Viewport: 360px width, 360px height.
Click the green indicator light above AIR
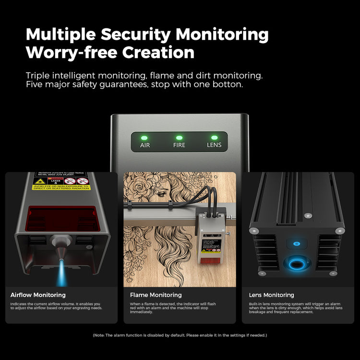145,137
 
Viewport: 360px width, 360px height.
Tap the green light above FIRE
180,137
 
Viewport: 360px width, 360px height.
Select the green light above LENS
214,137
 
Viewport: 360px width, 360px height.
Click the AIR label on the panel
145,144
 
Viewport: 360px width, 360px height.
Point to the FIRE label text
180,144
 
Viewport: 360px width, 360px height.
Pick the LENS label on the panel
214,144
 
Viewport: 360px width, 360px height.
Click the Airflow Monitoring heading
38,295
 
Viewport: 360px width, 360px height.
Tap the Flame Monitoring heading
156,295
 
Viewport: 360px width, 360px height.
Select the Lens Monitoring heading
272,295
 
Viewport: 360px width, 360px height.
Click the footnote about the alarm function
180,335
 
